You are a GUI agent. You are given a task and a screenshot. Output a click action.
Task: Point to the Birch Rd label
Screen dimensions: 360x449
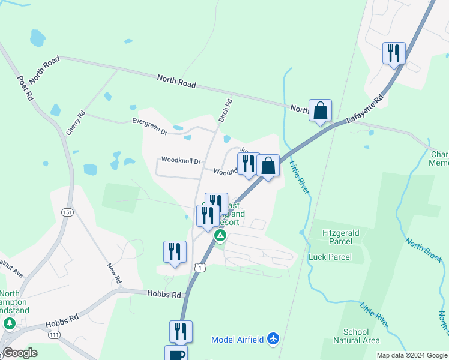[225, 110]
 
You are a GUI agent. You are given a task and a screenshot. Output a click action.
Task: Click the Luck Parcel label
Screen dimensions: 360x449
[330, 257]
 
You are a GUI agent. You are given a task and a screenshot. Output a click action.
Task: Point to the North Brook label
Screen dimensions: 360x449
[424, 250]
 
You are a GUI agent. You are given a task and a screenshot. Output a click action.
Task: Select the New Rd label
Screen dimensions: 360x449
[114, 274]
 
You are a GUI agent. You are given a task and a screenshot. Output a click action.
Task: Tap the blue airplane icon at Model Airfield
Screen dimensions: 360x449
[274, 340]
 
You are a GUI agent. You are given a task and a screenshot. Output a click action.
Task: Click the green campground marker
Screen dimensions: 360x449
[220, 235]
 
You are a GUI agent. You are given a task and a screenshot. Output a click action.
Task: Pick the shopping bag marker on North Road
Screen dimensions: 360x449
[320, 110]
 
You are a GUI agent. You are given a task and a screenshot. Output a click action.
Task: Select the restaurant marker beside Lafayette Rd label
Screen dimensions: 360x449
[394, 53]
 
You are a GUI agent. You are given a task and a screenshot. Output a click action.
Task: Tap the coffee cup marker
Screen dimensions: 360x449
[176, 354]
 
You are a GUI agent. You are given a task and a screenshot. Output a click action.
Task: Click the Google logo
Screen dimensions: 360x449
[20, 353]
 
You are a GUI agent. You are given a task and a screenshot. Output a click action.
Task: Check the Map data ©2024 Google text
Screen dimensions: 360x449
[411, 355]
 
